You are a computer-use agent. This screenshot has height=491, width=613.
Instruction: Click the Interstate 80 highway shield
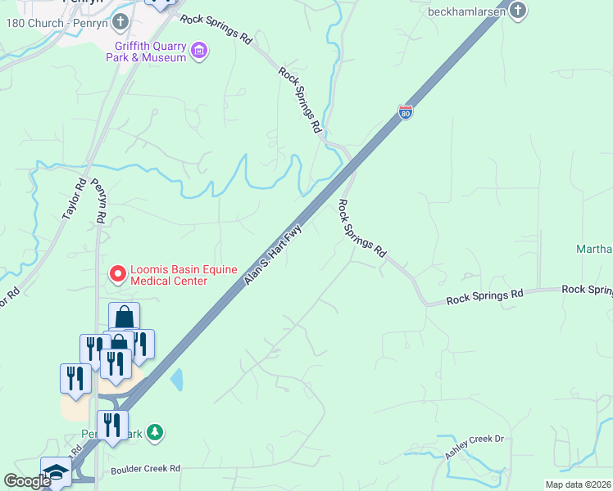click(x=406, y=112)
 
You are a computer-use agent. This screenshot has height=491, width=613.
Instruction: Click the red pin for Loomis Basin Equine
click(x=117, y=273)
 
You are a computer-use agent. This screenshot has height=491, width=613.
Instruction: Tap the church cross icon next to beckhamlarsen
click(x=517, y=11)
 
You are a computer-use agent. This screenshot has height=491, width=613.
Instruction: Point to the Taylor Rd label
click(x=74, y=199)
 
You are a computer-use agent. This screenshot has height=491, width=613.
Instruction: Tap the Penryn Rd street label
click(x=98, y=201)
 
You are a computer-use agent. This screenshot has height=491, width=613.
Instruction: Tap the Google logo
click(x=27, y=481)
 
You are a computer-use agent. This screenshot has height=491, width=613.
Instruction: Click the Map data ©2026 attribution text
click(x=579, y=484)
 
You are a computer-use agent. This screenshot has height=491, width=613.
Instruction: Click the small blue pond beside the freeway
click(x=177, y=380)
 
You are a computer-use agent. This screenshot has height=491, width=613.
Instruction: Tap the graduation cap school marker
click(x=56, y=472)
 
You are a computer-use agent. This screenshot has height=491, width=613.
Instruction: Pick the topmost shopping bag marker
click(x=124, y=316)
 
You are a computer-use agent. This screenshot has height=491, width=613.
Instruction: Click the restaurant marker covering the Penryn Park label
click(x=112, y=424)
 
